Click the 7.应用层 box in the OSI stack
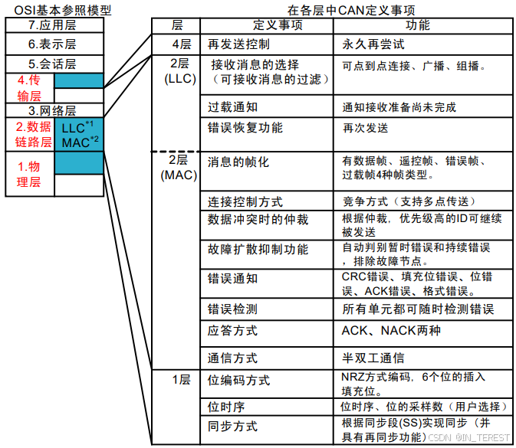coord(53,25)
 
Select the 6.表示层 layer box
coord(53,44)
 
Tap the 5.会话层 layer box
coord(53,64)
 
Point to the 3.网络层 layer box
coord(53,110)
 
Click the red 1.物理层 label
coord(28,174)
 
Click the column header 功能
coord(418,25)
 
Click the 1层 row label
coord(179,379)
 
